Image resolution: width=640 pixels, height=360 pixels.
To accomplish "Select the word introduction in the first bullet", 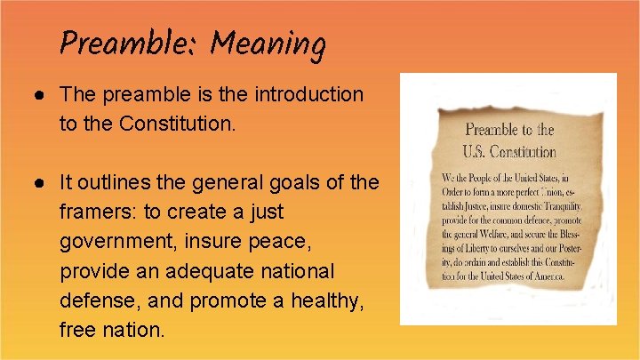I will pyautogui.click(x=309, y=94).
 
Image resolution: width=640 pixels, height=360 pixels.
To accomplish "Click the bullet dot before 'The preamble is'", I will pyautogui.click(x=43, y=94).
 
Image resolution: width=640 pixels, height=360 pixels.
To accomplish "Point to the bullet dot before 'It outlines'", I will pyautogui.click(x=43, y=183).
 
